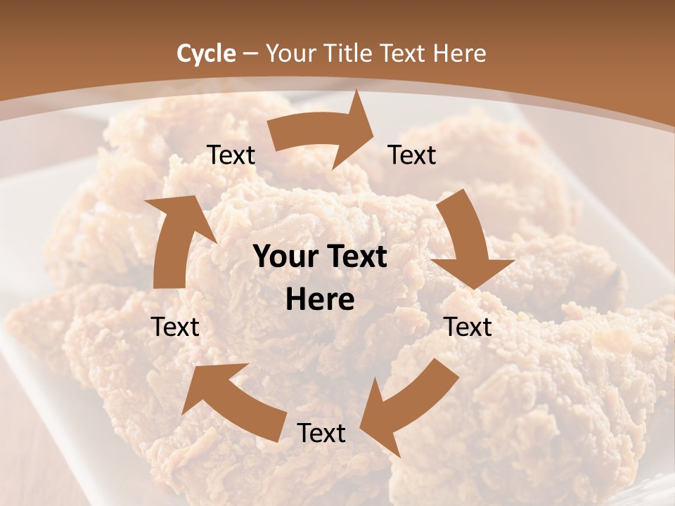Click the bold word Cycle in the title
tap(206, 53)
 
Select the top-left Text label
tap(231, 155)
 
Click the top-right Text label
tap(412, 155)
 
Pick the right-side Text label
tap(468, 327)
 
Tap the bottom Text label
tap(321, 434)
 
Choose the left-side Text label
tap(175, 327)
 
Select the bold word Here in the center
tap(320, 300)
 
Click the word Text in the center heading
tap(356, 257)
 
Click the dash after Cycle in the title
tap(250, 53)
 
